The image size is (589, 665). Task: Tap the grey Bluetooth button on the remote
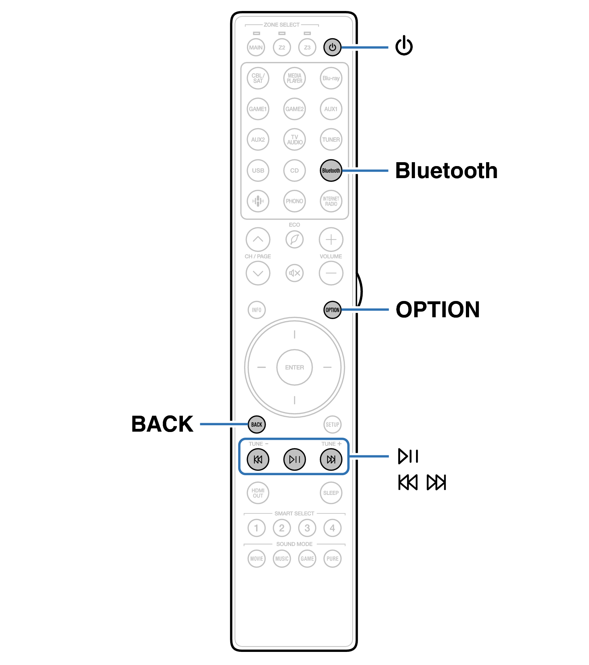point(331,170)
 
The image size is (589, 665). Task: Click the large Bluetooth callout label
point(446,171)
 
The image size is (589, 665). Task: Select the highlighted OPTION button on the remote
point(332,310)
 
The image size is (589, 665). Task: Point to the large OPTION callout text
point(438,309)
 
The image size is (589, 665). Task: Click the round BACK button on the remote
point(256,424)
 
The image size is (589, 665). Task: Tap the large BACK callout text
point(162,424)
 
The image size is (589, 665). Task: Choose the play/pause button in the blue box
point(294,459)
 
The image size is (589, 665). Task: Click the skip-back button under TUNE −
point(258,459)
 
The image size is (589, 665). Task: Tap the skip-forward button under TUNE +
point(331,459)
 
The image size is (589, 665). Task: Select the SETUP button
point(332,424)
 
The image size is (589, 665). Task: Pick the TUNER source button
point(331,140)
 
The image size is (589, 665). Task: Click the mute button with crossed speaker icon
point(294,273)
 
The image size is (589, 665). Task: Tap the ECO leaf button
point(294,240)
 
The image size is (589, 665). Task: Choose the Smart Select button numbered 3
point(307,528)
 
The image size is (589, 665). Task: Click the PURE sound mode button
point(332,558)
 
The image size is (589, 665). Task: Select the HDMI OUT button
point(258,493)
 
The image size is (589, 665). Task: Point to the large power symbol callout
point(404,46)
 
